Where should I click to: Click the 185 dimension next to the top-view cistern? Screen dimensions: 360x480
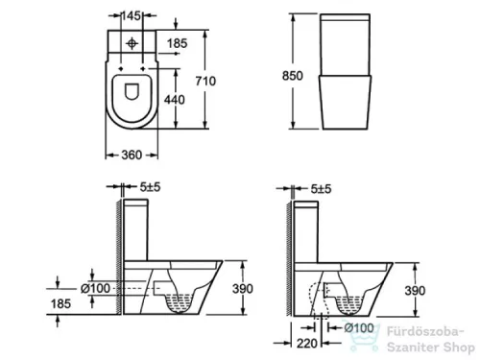point(177,44)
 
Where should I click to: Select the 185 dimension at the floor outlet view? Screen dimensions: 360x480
point(60,304)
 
